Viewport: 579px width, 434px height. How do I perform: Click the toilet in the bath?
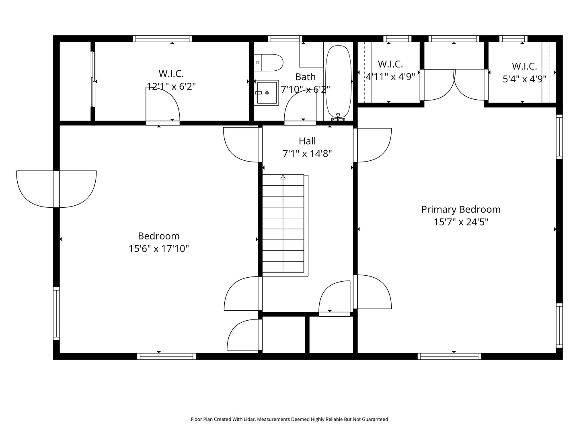coord(268,63)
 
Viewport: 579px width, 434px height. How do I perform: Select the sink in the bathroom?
coord(266,93)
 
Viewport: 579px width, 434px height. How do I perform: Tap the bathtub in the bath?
coord(339,81)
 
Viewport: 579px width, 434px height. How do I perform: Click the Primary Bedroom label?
coord(461,209)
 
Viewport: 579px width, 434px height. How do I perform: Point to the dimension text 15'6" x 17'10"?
coord(159,248)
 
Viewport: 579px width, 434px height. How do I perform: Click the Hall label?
coord(307,141)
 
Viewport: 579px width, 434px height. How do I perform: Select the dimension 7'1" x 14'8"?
coord(307,154)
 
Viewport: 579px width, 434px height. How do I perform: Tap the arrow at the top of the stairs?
coord(283,177)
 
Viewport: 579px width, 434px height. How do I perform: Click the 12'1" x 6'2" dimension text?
coord(171,86)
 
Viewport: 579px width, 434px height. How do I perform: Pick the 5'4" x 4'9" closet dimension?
coord(524,79)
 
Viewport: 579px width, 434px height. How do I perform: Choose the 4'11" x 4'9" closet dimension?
coord(390,77)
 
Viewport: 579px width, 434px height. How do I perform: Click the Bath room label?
coord(305,77)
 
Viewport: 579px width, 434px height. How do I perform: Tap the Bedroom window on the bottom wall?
coord(166,356)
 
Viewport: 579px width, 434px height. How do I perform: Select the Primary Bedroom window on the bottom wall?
coord(449,356)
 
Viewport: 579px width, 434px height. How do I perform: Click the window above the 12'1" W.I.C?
coord(162,39)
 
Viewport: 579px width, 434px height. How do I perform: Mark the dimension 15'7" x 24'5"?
coord(461,222)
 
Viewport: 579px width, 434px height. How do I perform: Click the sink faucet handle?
coord(259,93)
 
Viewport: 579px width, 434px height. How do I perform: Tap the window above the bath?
coord(285,39)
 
